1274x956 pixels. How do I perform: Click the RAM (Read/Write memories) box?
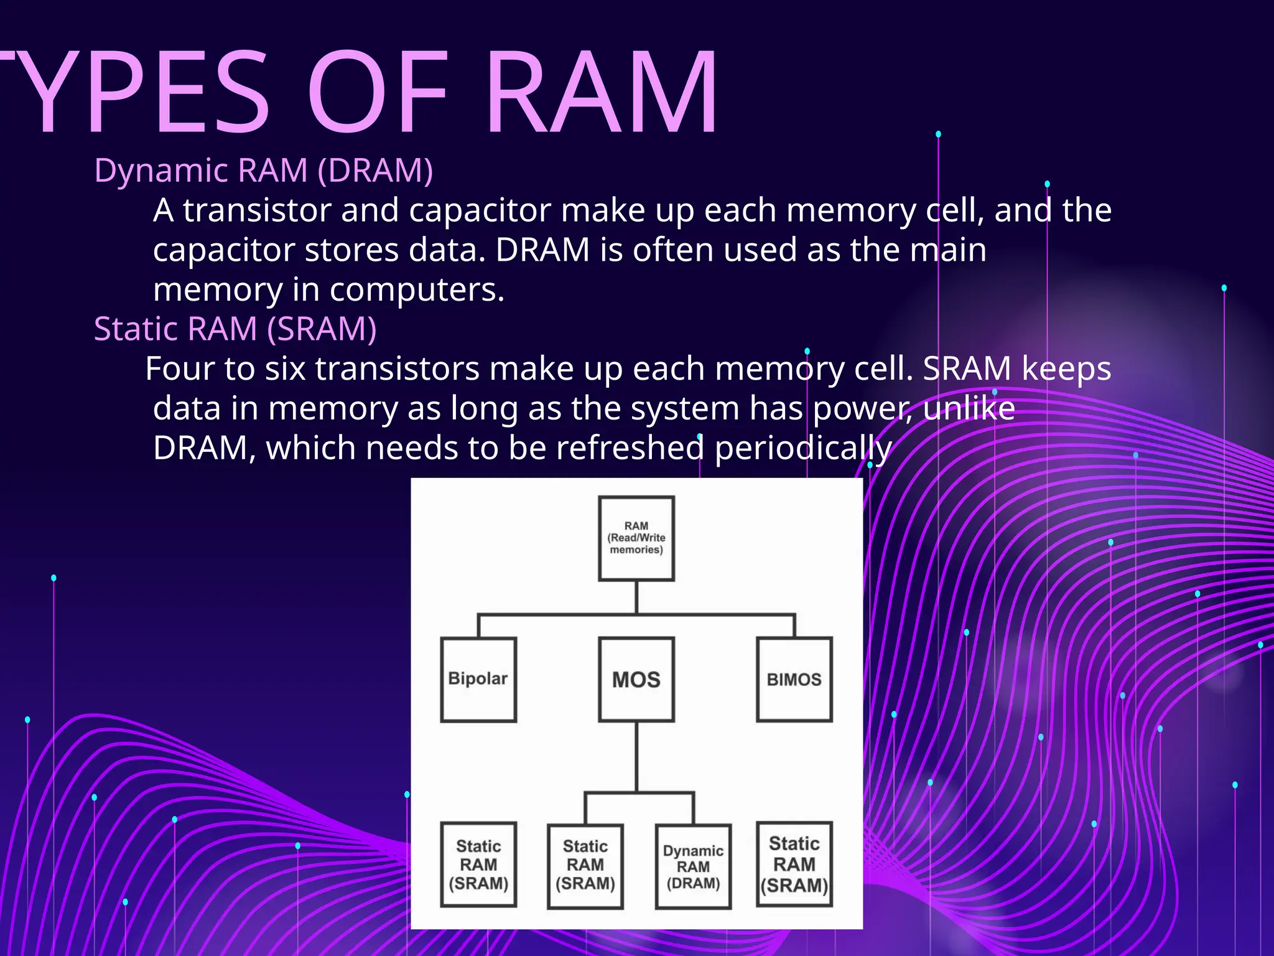pos(636,538)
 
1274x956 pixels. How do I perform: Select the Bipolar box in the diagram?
pos(478,679)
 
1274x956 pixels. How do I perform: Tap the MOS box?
pos(636,679)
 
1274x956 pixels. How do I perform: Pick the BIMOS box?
pos(794,679)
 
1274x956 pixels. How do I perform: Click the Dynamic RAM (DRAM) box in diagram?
pos(693,866)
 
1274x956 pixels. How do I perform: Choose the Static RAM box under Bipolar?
pos(478,865)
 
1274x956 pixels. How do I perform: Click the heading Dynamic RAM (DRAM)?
pos(263,170)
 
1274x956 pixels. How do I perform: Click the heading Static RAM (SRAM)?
pos(235,329)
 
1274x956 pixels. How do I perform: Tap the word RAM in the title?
pos(601,93)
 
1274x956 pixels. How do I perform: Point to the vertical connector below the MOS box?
pos(636,756)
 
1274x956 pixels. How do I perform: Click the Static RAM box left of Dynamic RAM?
pos(585,866)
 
